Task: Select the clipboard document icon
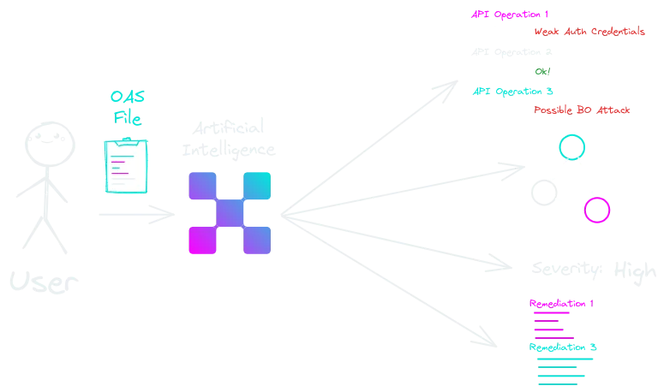point(126,167)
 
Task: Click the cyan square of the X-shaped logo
point(256,186)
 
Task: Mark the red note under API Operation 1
point(589,33)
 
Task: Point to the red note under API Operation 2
point(583,110)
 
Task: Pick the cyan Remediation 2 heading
point(562,348)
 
